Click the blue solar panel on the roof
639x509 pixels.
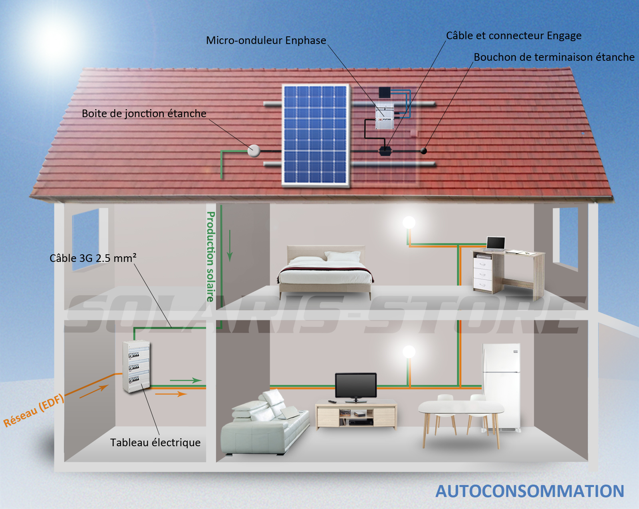[316, 136]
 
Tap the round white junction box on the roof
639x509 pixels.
[254, 151]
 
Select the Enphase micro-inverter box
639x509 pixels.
[385, 116]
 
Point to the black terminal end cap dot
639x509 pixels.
[424, 151]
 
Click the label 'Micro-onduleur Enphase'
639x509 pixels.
[266, 40]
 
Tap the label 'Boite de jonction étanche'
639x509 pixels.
[144, 113]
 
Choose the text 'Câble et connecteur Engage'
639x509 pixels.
[514, 36]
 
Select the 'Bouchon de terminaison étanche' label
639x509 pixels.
[554, 57]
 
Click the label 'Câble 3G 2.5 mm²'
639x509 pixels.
[93, 258]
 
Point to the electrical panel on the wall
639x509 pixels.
[136, 366]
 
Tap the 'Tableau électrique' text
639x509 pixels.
[155, 442]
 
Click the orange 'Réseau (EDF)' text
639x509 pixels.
[34, 410]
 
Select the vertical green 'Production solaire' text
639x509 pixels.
[210, 257]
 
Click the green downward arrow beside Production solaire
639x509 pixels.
[230, 246]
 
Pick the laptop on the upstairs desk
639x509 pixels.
[495, 244]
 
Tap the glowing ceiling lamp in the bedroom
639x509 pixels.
[409, 222]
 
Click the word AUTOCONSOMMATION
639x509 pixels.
[530, 491]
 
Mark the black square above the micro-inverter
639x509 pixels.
[385, 92]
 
